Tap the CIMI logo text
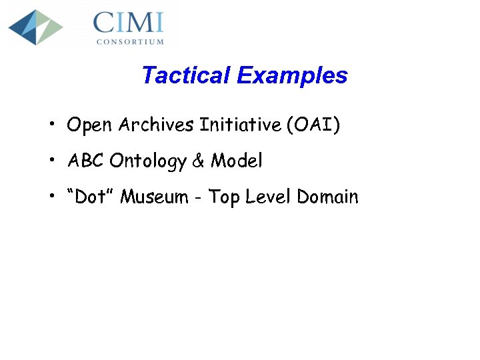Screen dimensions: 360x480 128,23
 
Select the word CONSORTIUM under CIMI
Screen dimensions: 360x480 130,41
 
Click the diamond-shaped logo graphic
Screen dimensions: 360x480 35,27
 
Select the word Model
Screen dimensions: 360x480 237,161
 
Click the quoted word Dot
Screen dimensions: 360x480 91,197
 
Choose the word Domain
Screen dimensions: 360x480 327,197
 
